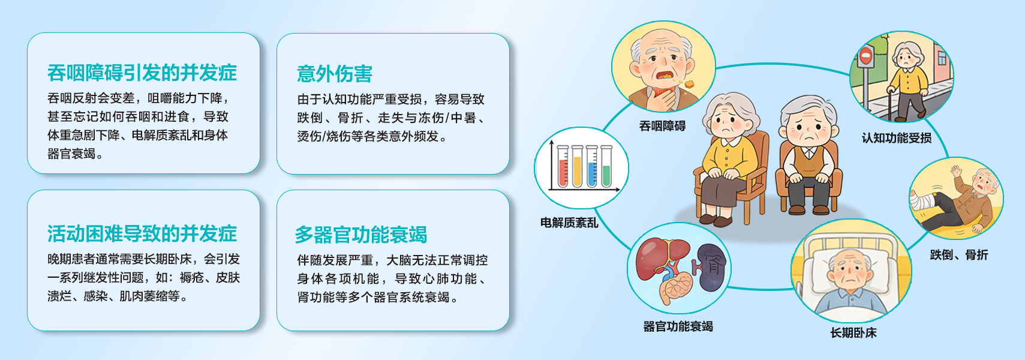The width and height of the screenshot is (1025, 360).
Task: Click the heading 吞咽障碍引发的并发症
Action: coord(142,73)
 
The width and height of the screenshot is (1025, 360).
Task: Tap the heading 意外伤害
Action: coord(335,74)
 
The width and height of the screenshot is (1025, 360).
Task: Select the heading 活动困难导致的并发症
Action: coord(142,233)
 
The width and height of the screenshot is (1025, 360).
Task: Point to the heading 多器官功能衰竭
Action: coord(361,235)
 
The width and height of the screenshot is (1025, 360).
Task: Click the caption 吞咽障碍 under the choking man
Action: coord(662,126)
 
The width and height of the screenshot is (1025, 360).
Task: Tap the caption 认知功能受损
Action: coord(897,138)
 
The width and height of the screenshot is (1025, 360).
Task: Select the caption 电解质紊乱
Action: coord(569,223)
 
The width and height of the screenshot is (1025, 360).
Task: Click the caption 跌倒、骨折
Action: coord(959,254)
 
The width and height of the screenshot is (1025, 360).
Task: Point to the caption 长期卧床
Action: coord(853,333)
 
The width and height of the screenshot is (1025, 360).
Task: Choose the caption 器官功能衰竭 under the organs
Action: coord(678,326)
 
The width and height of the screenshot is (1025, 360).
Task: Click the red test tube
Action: coord(563,167)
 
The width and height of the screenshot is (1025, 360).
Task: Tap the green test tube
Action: coord(606,167)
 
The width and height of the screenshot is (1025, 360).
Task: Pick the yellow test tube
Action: coord(578,167)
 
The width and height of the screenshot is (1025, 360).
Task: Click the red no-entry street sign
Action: coord(865,56)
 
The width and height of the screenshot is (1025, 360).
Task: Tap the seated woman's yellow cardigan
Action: coord(729,157)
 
